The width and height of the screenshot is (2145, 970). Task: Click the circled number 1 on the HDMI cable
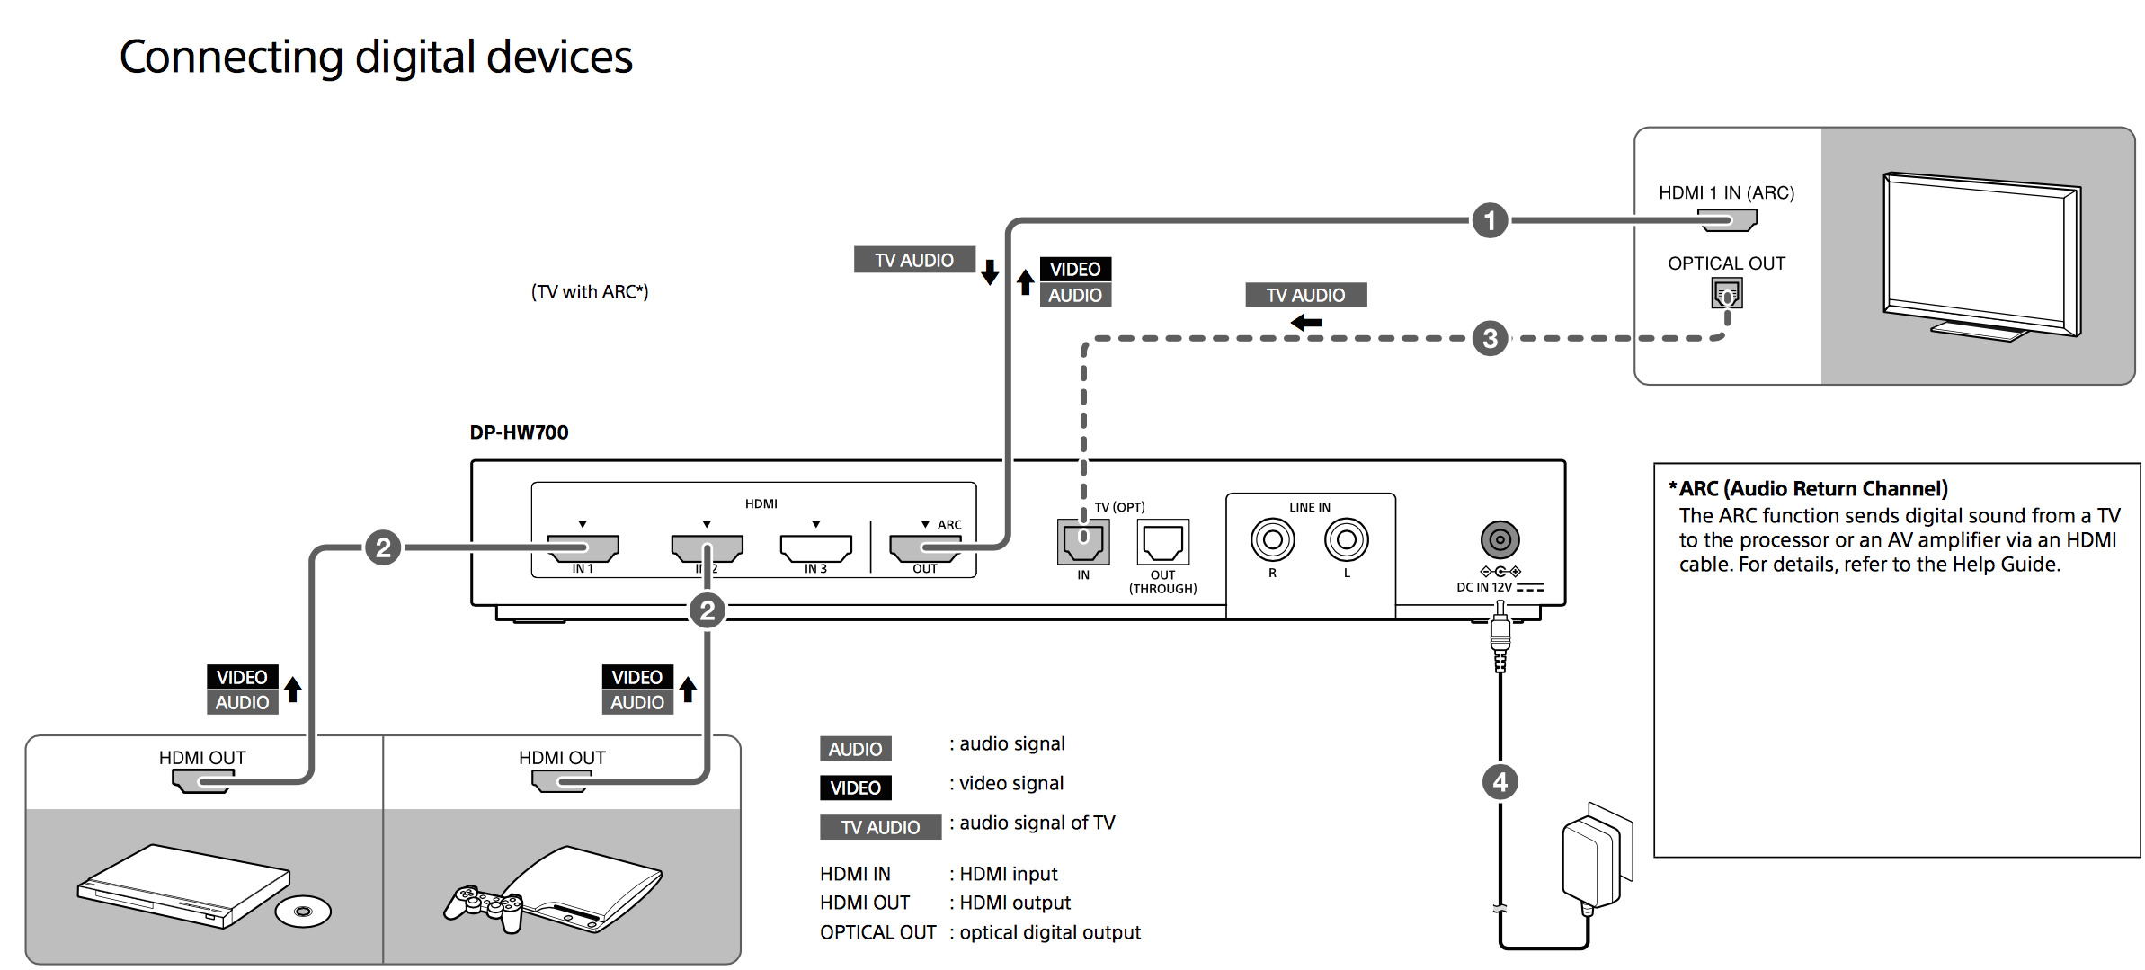1489,220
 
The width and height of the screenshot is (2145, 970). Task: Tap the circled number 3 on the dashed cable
1490,339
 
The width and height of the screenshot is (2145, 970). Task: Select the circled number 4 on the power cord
1500,782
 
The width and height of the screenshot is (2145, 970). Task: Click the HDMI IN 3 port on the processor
815,547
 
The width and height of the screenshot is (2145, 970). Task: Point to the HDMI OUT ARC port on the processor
924,547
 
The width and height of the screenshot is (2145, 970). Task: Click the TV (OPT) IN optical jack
1083,540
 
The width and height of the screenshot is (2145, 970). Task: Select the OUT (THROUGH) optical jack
1162,541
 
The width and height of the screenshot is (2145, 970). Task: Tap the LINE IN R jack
1272,539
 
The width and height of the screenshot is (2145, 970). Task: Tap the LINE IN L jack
1346,539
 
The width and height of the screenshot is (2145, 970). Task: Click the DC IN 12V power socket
1500,539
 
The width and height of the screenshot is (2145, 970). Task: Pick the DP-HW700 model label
519,432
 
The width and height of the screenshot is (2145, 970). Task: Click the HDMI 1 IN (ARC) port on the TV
1726,219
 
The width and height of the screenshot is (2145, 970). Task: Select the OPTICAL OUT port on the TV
1726,293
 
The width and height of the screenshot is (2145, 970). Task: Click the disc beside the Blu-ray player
303,912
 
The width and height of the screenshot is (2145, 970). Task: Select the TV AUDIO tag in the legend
880,827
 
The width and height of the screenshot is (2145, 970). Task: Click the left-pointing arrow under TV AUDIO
1306,322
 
